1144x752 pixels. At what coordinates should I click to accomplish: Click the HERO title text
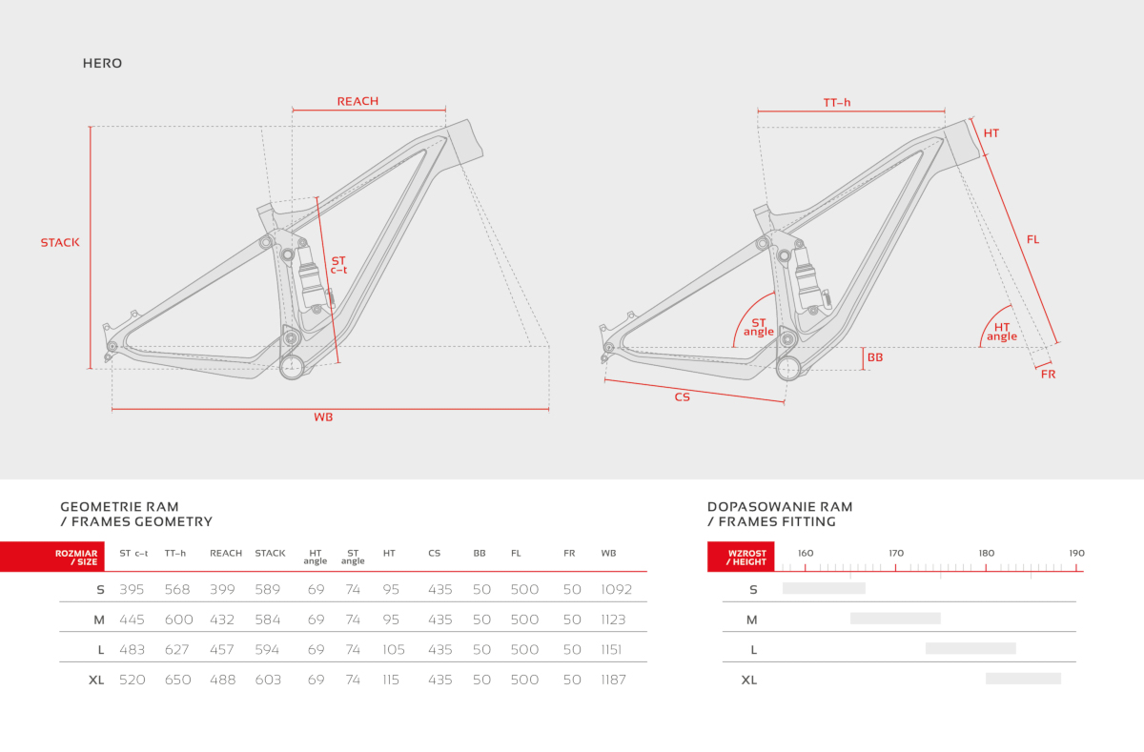102,63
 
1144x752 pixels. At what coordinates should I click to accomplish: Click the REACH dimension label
357,101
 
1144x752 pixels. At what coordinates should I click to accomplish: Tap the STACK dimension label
60,242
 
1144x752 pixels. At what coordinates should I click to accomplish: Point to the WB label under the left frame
323,417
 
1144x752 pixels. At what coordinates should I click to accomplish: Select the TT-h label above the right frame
837,103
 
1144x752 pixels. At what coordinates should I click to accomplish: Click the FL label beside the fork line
1032,239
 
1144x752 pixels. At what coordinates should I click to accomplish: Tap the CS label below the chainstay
683,397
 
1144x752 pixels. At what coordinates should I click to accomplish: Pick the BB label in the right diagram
875,357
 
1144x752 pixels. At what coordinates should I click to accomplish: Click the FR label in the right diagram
1048,375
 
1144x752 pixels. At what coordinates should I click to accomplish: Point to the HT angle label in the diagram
1002,332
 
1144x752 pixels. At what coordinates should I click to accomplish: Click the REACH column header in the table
226,554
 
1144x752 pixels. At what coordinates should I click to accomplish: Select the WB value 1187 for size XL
613,680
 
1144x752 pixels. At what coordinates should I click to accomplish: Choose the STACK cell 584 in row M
268,620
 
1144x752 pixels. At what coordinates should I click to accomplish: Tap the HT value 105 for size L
393,649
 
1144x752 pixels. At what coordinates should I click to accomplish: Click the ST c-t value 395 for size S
132,590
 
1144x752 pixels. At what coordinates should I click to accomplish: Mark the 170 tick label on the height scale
896,554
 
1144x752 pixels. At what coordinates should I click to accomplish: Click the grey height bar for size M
895,619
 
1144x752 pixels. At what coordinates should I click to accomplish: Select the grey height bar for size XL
1023,679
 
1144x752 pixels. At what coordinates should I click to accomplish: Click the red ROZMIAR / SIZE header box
52,557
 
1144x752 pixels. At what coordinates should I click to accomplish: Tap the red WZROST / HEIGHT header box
741,557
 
